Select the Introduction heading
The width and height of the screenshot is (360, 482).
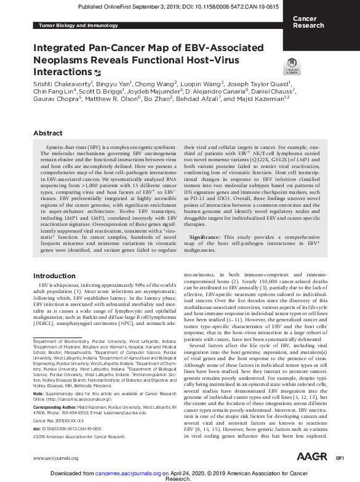tap(54, 276)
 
